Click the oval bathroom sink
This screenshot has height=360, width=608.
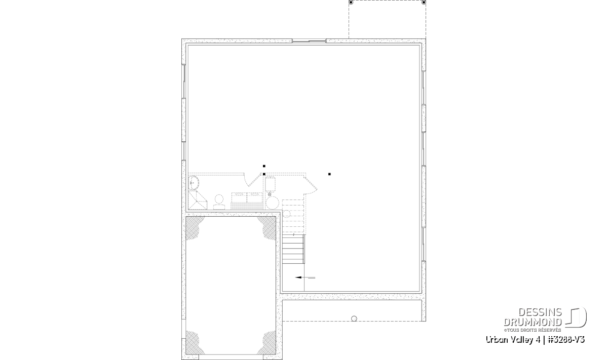point(194,183)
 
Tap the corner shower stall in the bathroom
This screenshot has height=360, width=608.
point(198,200)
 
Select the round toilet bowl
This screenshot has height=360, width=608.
point(219,199)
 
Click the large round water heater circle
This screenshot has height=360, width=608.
point(272,203)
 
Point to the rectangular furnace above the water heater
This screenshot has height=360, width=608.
point(271,184)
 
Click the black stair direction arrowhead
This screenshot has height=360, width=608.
point(298,277)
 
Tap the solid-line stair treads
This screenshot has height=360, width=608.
point(293,249)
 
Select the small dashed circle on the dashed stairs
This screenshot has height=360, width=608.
point(286,214)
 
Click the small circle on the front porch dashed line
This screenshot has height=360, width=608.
point(354,318)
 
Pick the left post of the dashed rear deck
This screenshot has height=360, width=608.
point(351,3)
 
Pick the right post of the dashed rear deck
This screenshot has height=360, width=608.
point(424,3)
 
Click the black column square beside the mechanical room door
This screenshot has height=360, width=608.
point(329,174)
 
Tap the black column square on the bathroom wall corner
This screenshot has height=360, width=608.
point(264,174)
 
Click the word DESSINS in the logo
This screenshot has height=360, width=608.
point(540,312)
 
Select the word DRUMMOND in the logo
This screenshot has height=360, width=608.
point(533,322)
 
